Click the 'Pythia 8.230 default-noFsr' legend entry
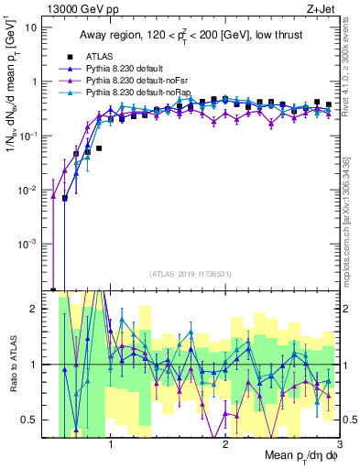pyautogui.click(x=133, y=81)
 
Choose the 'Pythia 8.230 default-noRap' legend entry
pyautogui.click(x=133, y=93)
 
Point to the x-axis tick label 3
pyautogui.click(x=339, y=444)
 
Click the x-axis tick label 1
pyautogui.click(x=111, y=444)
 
